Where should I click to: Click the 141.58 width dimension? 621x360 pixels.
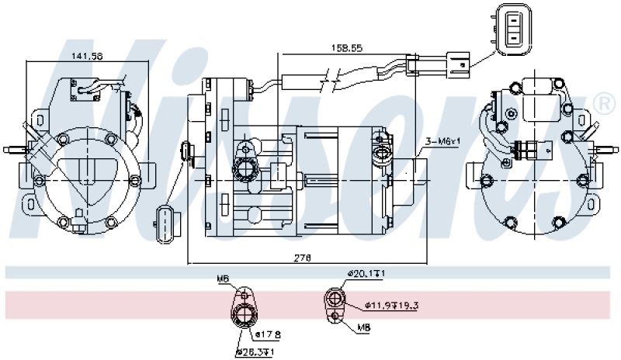(x=88, y=56)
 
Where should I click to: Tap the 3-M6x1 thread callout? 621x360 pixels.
(x=443, y=142)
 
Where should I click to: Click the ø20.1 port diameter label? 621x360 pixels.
(x=366, y=274)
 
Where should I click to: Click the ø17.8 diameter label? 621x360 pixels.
(x=268, y=335)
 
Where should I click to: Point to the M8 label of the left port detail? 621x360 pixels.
(x=222, y=279)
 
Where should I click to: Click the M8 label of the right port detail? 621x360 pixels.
(x=363, y=328)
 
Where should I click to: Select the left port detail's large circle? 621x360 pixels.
(x=246, y=313)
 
